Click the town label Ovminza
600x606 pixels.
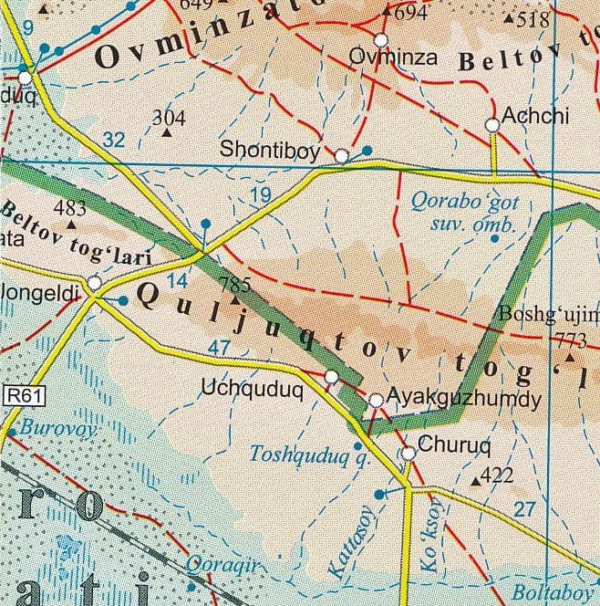click(395, 58)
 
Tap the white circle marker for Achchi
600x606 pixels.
click(492, 124)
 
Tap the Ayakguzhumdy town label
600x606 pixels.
click(464, 399)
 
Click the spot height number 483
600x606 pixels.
click(70, 209)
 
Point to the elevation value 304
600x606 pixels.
click(169, 118)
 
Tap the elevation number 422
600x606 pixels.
click(497, 475)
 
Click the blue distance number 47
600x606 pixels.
click(220, 348)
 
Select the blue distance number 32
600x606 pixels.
click(113, 140)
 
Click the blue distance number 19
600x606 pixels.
click(260, 194)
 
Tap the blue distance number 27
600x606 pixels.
click(524, 509)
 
